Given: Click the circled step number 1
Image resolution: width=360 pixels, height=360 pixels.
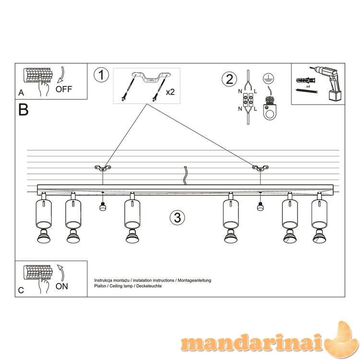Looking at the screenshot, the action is coord(101,75).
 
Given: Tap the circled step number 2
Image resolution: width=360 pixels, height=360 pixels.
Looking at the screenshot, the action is coord(229,79).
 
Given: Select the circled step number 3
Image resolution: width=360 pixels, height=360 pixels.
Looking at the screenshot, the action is coord(178,217).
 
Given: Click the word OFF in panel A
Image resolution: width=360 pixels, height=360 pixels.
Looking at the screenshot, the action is coord(63,89).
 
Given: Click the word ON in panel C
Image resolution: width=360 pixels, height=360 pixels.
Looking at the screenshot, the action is coord(62,286).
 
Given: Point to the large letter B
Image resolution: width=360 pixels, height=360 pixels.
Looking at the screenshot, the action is coord(24,110).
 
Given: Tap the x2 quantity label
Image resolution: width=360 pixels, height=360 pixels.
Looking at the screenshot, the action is coord(170,92).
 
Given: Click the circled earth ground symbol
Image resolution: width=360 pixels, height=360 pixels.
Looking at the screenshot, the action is coord(268,79).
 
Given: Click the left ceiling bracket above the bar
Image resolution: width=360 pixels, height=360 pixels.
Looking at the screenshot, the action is coord(103,168).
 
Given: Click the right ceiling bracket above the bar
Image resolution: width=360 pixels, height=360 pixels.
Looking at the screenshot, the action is coord(260,168).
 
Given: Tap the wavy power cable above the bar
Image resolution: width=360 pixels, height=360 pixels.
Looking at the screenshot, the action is coord(185,176).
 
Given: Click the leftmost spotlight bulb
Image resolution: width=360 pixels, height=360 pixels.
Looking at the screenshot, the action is coord(44,236).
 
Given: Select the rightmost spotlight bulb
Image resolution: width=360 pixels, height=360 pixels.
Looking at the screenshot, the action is coord(319,236).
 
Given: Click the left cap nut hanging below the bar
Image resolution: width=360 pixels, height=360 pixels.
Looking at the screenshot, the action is coord(102,206).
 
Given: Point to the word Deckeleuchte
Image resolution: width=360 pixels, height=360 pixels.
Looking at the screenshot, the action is coord(149,286).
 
